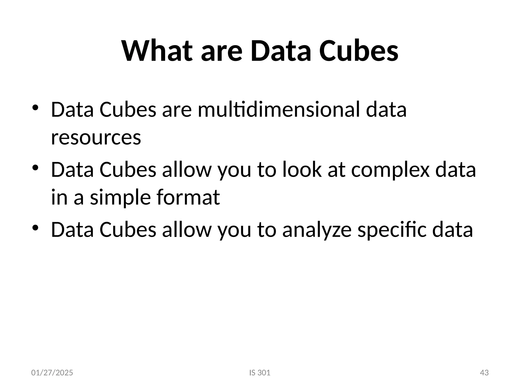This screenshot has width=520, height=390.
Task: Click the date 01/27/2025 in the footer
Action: click(52, 373)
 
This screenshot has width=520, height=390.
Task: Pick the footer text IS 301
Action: click(260, 373)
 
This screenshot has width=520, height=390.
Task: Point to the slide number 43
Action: click(484, 373)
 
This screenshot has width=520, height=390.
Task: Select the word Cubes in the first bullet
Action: click(128, 109)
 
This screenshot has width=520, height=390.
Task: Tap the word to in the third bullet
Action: click(267, 230)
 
